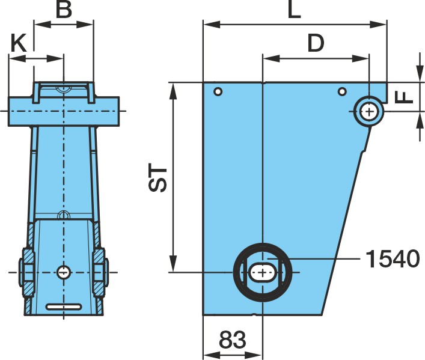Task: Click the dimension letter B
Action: coord(64,10)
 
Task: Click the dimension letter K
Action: coord(19,43)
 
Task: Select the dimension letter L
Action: coord(295,10)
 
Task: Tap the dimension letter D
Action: coord(316,43)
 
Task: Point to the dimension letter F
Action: coord(404,97)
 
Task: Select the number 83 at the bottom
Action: coord(233,340)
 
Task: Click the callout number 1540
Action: coord(393,259)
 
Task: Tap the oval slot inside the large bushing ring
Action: coord(262,272)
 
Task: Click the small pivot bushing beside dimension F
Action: coord(369,111)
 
